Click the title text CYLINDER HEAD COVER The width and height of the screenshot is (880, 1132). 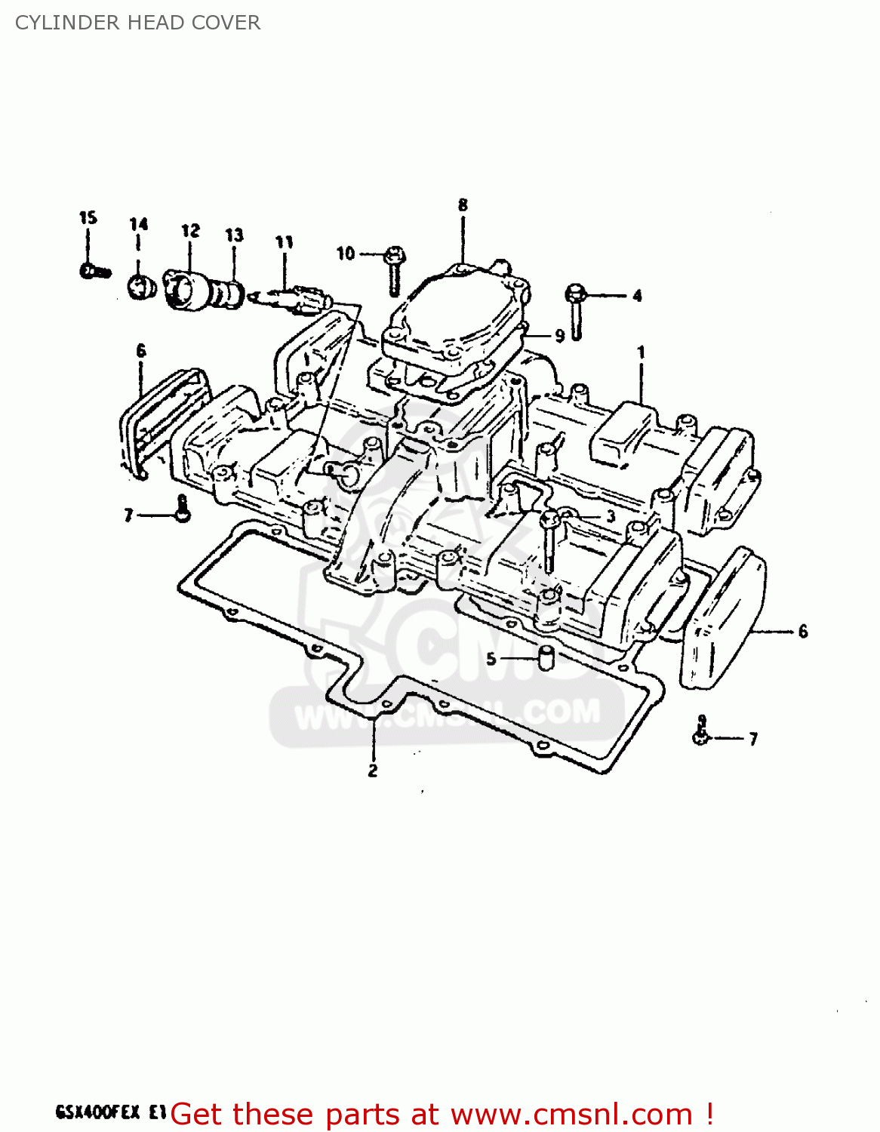click(137, 23)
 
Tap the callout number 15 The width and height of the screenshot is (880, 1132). click(88, 218)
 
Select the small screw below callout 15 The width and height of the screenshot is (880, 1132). click(95, 271)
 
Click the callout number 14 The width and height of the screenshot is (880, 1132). click(139, 224)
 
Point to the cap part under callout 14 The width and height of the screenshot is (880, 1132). click(140, 287)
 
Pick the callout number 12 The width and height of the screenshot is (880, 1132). click(191, 231)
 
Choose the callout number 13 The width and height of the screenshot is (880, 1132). click(235, 235)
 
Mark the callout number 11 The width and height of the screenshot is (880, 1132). click(284, 242)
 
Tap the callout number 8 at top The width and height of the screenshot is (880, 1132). click(463, 205)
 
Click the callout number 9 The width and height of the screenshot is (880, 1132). click(559, 336)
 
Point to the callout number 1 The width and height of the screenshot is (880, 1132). click(641, 352)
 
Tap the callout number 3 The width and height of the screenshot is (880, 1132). click(611, 516)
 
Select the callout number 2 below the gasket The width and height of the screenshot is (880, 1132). click(373, 771)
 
